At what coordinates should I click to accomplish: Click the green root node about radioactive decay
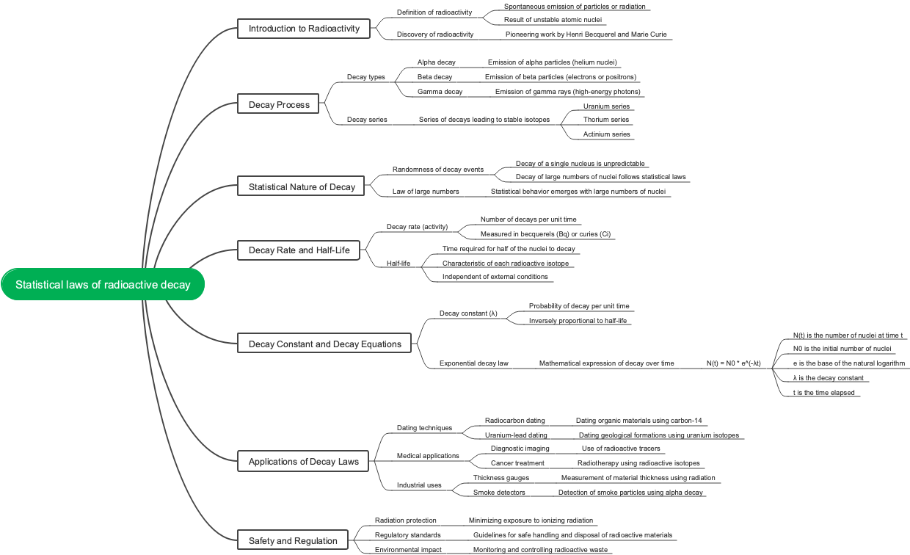pos(103,285)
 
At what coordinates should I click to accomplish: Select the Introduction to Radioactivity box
pos(304,29)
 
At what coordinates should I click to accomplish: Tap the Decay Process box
pos(279,105)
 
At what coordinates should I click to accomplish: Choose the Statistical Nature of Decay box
pos(302,187)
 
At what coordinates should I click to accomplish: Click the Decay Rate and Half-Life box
pos(299,250)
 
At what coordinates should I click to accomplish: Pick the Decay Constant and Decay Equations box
pos(324,344)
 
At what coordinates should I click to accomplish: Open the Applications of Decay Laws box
pos(304,462)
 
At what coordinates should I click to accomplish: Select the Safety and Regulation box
pos(293,541)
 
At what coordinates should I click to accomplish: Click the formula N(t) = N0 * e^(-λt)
pos(733,363)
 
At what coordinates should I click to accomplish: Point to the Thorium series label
pos(606,120)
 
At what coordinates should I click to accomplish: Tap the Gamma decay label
pos(440,92)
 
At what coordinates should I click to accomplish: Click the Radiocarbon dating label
pos(514,421)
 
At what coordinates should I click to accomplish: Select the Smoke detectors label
pos(499,493)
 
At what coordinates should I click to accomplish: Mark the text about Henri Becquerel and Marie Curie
pos(585,35)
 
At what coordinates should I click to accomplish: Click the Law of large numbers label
pos(426,192)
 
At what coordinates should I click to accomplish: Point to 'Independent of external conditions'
pos(495,277)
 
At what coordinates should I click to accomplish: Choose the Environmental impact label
pos(408,550)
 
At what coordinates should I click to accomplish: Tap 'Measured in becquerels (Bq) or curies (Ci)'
pos(545,234)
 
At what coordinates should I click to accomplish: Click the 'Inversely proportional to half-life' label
pos(578,321)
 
